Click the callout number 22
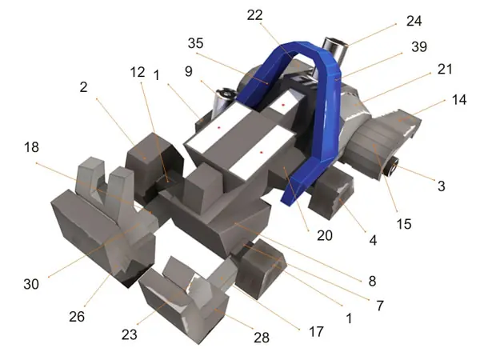[254, 15]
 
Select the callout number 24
[414, 21]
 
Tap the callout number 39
[419, 47]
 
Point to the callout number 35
[196, 43]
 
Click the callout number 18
[31, 147]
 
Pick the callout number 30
[31, 284]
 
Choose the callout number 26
[77, 317]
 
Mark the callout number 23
[129, 334]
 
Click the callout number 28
[262, 338]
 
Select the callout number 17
[316, 331]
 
